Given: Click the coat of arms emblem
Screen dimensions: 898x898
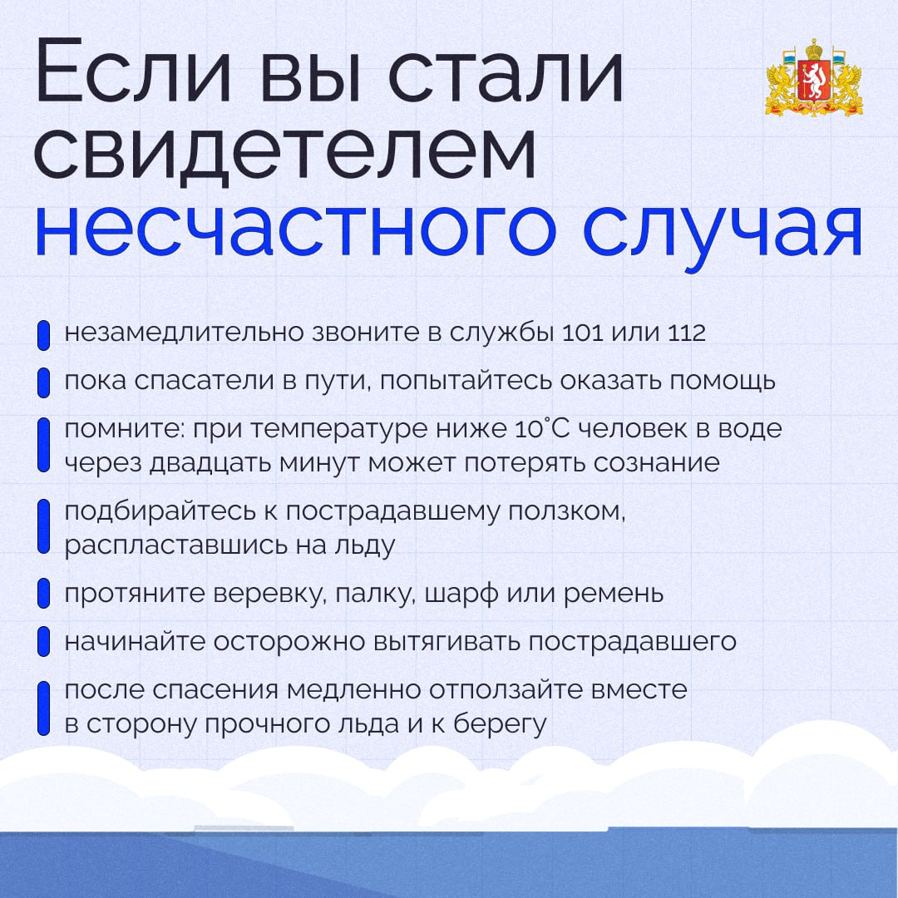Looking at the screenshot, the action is (x=814, y=77).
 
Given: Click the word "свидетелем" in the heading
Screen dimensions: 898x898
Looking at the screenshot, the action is (x=284, y=154).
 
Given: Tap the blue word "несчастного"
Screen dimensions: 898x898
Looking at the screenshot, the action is (x=295, y=229).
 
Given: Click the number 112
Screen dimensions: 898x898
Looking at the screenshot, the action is (x=686, y=333).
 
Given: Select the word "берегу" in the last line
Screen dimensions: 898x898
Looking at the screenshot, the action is (x=500, y=724).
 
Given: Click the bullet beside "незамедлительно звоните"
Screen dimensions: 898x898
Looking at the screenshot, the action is (x=43, y=336).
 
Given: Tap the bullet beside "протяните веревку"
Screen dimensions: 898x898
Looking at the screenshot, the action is (x=43, y=594).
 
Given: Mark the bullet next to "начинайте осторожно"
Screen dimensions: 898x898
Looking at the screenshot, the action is (x=43, y=641).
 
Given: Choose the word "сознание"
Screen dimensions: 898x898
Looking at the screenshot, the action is (x=656, y=463).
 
